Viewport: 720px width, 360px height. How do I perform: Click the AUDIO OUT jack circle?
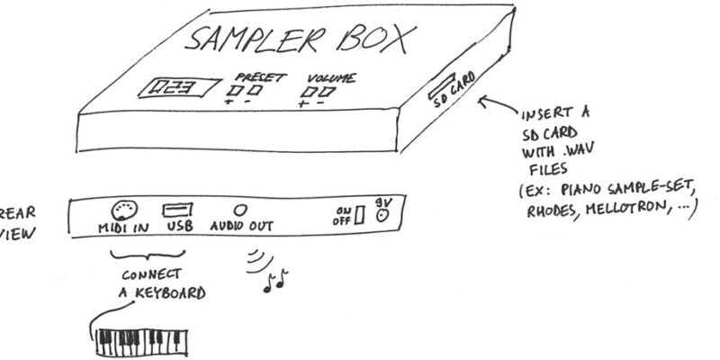pyautogui.click(x=240, y=208)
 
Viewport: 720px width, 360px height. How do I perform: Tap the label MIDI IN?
pyautogui.click(x=122, y=229)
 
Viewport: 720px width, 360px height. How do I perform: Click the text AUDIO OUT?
pyautogui.click(x=242, y=229)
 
